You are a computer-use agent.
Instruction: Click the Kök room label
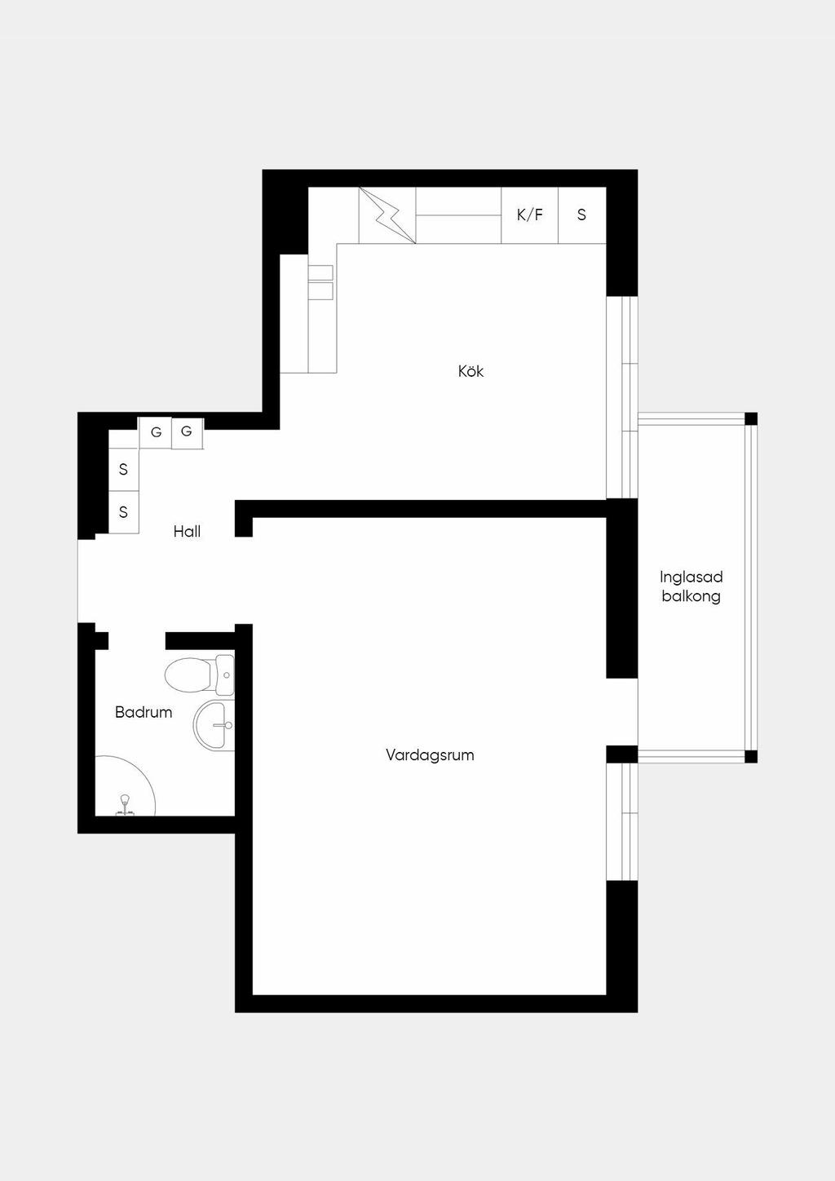coord(471,371)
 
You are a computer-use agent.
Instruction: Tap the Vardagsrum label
coord(430,755)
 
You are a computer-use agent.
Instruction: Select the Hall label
coord(187,531)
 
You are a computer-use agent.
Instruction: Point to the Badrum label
coord(144,712)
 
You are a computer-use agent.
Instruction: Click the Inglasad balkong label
coord(691,586)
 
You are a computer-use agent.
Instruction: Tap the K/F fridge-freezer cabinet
coord(529,215)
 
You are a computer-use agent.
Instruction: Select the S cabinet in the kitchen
coord(582,215)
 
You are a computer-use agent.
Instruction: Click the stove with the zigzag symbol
coord(387,215)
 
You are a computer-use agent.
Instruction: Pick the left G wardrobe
coord(156,432)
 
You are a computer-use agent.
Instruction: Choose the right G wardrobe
coord(188,432)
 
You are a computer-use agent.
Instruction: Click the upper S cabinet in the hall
coord(123,469)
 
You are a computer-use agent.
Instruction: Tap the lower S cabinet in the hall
coord(123,512)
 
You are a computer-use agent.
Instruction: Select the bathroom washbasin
coord(214,725)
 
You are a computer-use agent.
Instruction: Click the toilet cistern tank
coord(224,675)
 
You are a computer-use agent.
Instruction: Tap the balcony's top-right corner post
coord(751,418)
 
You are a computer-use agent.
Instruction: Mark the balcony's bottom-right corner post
coord(751,757)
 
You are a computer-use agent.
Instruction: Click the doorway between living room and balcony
coord(622,712)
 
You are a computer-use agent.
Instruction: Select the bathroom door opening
coord(137,641)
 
